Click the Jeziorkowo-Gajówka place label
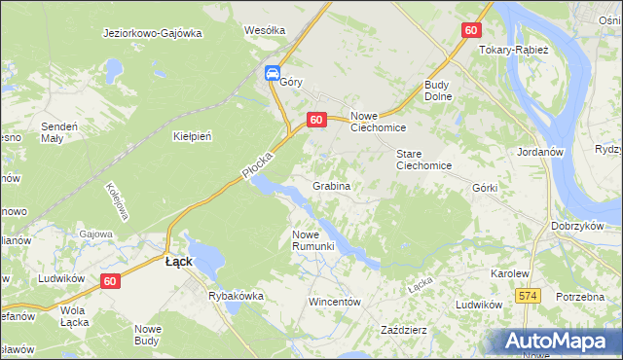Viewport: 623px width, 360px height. (152, 32)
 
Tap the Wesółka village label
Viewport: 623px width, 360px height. (265, 30)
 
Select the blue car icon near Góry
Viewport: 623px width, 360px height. (273, 73)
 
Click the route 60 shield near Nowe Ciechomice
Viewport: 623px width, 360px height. (315, 119)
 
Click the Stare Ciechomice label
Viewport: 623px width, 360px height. (423, 160)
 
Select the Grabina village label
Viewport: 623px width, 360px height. (331, 185)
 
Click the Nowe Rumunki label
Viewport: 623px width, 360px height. (313, 239)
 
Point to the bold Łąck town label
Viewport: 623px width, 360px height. (178, 262)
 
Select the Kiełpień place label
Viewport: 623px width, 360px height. (192, 136)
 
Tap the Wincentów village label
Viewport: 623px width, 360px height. (335, 302)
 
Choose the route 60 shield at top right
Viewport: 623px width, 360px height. (471, 30)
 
